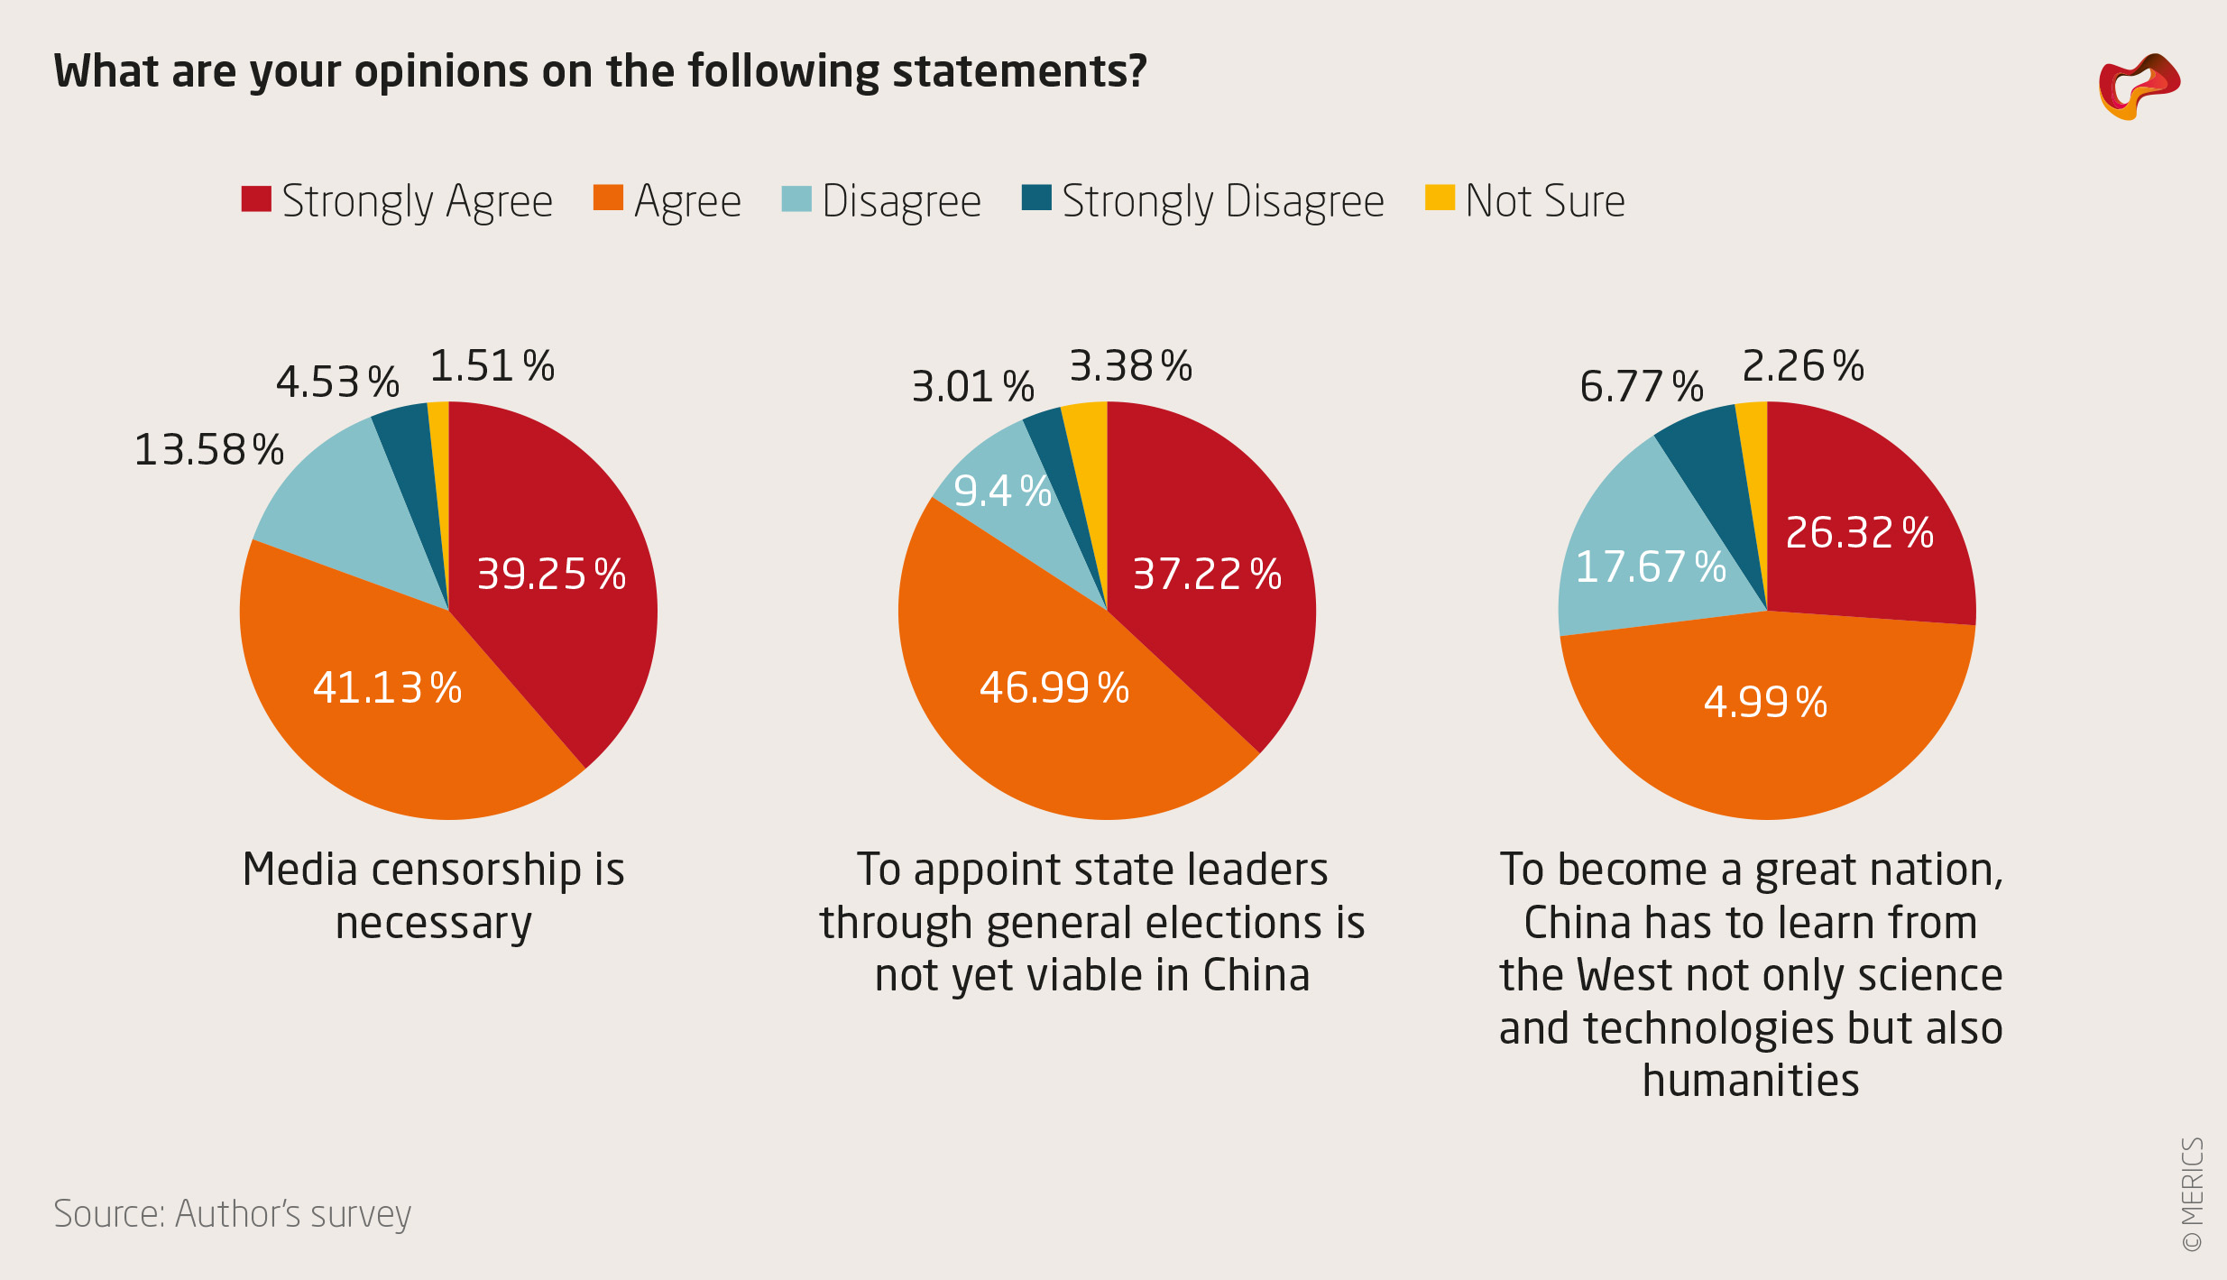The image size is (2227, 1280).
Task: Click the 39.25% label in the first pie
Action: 551,575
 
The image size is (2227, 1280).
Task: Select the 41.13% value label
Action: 387,688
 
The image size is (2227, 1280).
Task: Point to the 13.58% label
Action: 208,450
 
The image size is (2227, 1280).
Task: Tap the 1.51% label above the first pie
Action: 492,367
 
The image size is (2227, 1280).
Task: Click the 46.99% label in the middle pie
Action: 1054,688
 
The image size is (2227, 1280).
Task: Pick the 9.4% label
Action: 1002,492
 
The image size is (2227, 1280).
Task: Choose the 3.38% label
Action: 1130,367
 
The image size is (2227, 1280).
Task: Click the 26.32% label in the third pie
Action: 1859,533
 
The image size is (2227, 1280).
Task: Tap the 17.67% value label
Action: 1650,567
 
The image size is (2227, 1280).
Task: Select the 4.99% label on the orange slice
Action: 1765,703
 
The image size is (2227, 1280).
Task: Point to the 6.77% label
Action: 1641,387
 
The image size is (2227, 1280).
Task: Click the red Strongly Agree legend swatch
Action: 256,198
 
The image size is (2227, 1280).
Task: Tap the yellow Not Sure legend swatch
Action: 1440,198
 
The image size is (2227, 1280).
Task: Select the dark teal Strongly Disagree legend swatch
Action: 1036,198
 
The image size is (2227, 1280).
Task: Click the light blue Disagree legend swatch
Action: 796,198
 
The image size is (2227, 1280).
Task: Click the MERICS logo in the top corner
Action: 2139,87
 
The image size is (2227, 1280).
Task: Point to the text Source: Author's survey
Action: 232,1214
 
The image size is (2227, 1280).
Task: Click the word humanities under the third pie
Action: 1751,1081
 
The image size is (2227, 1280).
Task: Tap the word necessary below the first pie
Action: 433,924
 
